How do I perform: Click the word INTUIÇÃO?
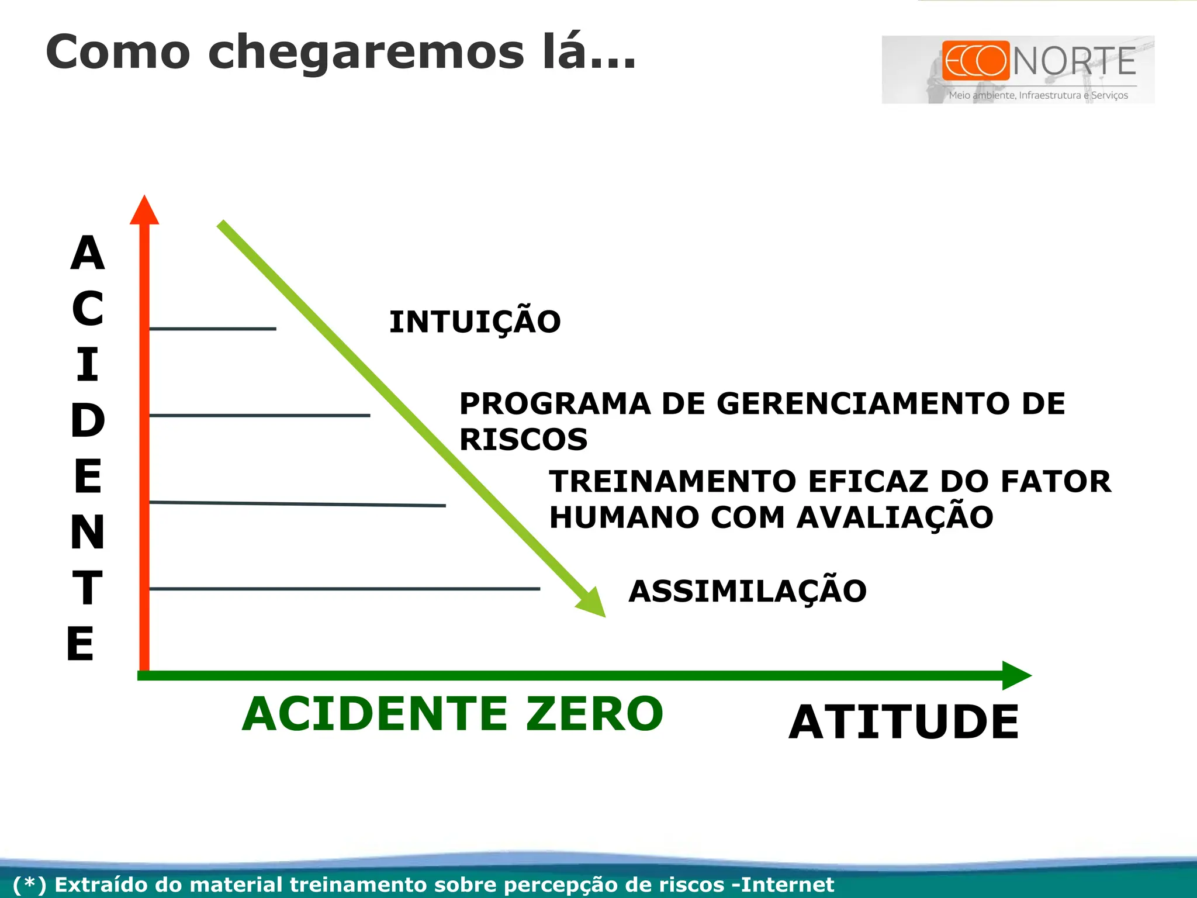coord(475,322)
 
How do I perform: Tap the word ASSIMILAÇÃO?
coord(747,591)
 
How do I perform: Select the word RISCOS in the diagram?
coord(523,440)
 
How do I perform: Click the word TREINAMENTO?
coord(672,482)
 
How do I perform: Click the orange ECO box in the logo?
coord(975,60)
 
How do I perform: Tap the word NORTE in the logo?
coord(1074,61)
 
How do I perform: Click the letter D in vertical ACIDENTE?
coord(88,421)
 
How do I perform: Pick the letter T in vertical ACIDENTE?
coord(88,588)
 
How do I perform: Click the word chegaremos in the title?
coord(366,53)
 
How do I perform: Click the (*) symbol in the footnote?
coord(29,885)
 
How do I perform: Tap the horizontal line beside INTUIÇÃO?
coord(213,329)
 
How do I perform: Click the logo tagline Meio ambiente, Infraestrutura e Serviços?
coord(1038,95)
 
